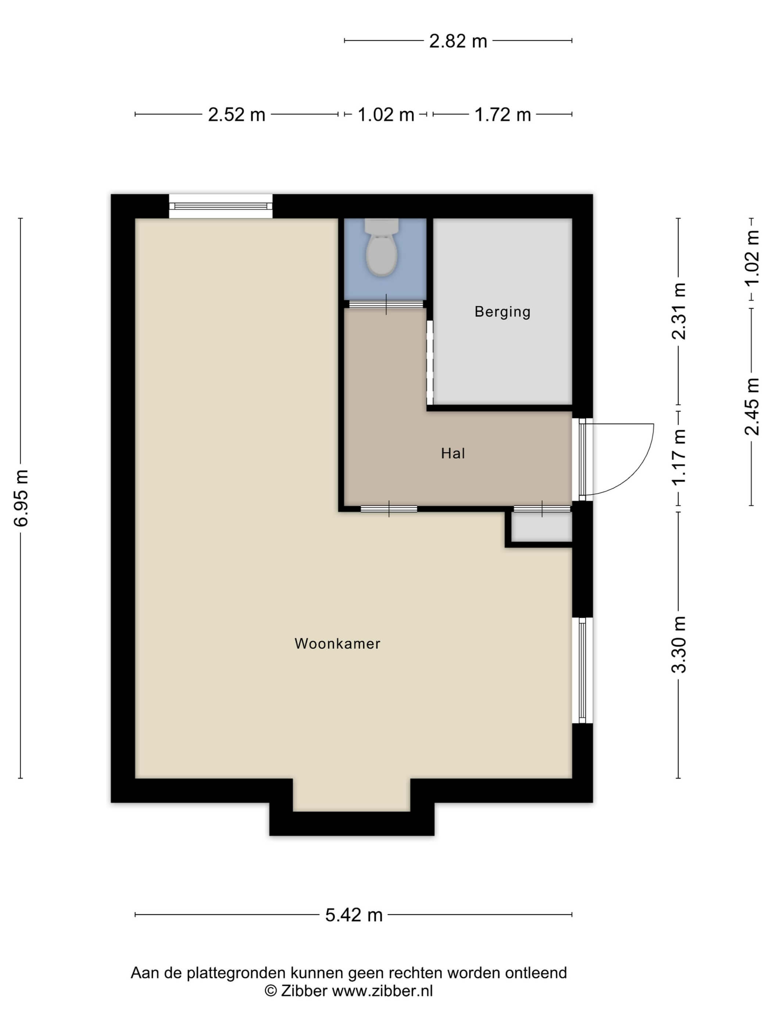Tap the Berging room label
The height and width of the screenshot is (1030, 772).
click(x=502, y=312)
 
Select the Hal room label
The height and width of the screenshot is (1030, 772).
click(x=453, y=453)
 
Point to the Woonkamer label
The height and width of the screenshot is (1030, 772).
click(x=337, y=643)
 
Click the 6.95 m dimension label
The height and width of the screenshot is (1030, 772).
click(x=21, y=498)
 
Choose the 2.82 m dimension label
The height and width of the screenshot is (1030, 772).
click(x=458, y=41)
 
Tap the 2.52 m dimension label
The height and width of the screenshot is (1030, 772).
click(x=236, y=114)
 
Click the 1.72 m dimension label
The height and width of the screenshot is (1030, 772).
click(x=503, y=114)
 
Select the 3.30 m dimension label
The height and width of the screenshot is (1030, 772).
click(x=679, y=644)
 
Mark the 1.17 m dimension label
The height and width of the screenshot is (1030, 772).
click(x=679, y=457)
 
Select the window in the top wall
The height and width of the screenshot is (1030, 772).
click(x=221, y=206)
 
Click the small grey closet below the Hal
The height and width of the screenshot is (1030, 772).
click(x=541, y=527)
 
